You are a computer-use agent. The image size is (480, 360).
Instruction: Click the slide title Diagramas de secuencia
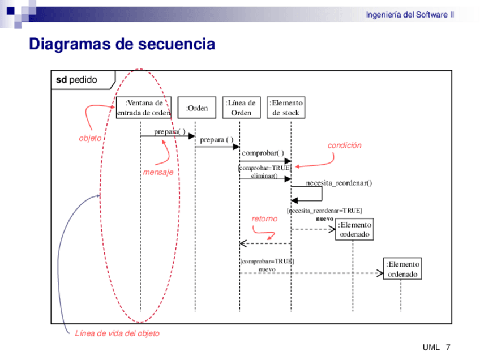click(122, 44)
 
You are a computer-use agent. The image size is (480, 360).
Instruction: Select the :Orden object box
click(197, 108)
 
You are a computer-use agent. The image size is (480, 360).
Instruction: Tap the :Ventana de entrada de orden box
click(144, 108)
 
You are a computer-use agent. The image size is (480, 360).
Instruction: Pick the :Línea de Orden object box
click(241, 108)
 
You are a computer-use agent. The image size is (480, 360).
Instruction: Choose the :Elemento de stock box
click(286, 108)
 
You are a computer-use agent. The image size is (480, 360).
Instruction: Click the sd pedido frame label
click(77, 80)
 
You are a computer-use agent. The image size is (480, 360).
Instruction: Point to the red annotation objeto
click(90, 138)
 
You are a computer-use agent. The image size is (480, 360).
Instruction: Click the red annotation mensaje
click(158, 172)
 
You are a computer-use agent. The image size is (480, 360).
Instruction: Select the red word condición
click(344, 145)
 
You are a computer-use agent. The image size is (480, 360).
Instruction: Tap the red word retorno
click(264, 218)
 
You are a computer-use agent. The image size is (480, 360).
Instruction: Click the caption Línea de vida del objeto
click(117, 333)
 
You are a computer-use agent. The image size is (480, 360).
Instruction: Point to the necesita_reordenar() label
click(339, 183)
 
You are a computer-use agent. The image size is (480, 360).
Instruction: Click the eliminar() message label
click(264, 176)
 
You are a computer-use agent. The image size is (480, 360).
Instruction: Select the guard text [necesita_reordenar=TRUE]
click(325, 211)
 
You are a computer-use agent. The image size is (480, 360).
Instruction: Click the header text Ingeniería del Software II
click(409, 15)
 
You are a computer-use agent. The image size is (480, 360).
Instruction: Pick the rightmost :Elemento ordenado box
click(402, 269)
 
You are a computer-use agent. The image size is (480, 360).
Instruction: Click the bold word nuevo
click(324, 218)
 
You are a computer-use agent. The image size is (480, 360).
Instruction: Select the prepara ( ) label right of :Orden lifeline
click(217, 140)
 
